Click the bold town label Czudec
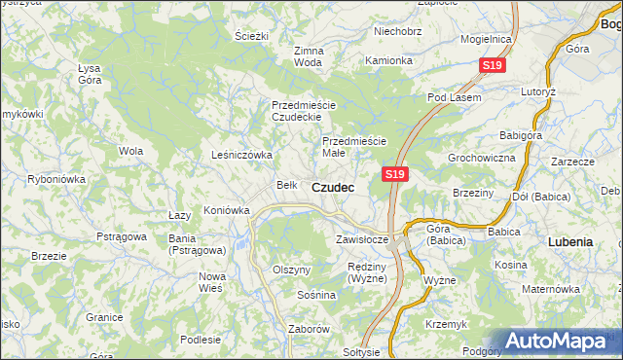333,186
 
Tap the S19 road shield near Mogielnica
494,66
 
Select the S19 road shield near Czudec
393,173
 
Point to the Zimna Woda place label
308,55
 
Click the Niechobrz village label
397,31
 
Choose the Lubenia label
570,240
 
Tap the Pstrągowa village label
121,236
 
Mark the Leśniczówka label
241,155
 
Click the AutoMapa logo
561,341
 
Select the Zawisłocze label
362,238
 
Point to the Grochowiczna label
481,157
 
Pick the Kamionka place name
388,60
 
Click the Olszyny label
291,270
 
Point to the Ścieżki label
251,36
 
